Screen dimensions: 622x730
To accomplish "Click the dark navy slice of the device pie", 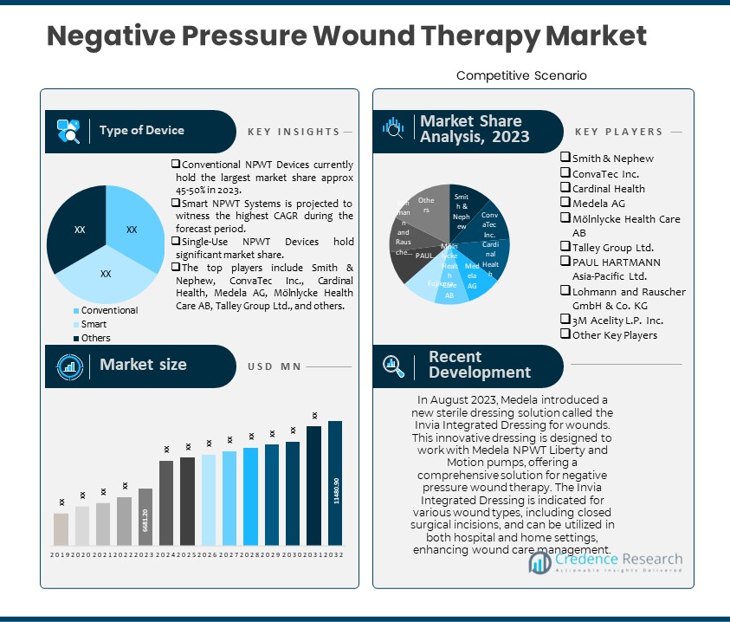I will [74, 225].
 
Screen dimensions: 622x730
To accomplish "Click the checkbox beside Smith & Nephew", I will [565, 158].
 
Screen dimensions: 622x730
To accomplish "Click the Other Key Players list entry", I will [614, 335].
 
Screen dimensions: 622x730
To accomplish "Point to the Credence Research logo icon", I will [542, 563].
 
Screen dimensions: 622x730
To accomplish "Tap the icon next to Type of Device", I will [68, 131].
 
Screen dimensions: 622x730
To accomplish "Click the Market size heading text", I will [143, 365].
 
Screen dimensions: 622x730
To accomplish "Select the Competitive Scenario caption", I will [521, 75].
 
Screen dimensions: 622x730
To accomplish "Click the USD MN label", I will [273, 366].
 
